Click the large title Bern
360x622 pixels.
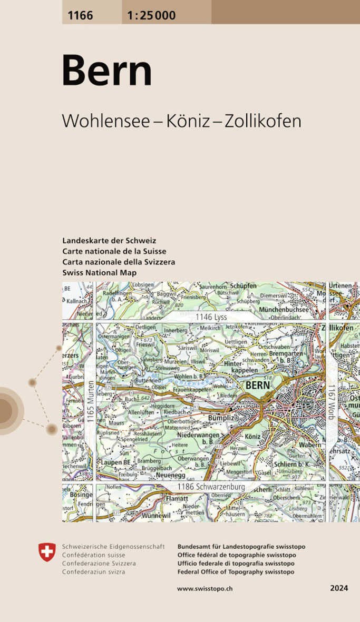point(107,71)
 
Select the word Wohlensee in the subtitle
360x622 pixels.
point(107,121)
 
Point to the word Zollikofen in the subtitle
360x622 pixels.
point(263,121)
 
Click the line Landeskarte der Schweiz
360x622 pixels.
point(109,241)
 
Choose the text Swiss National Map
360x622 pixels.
point(99,272)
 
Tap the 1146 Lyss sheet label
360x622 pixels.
point(211,317)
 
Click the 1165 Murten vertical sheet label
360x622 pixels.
point(91,403)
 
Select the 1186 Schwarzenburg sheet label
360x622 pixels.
point(211,487)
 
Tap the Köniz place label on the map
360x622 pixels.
point(254,437)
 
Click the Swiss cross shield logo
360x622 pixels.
point(47,552)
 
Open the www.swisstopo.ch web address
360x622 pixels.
point(206,588)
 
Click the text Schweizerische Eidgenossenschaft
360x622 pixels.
point(113,547)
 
